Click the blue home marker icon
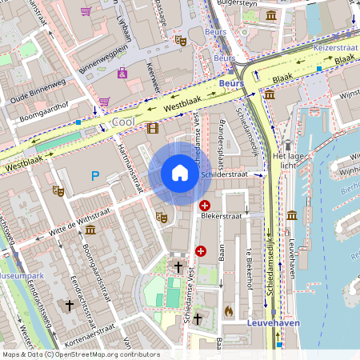coord(180,173)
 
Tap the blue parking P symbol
coord(95,176)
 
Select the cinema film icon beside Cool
coord(152,127)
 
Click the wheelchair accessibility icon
coord(122,74)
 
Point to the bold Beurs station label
coord(230,82)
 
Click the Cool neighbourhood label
coord(122,122)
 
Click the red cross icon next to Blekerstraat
coord(205,206)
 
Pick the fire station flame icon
coord(228,309)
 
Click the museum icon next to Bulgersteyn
coord(272,15)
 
